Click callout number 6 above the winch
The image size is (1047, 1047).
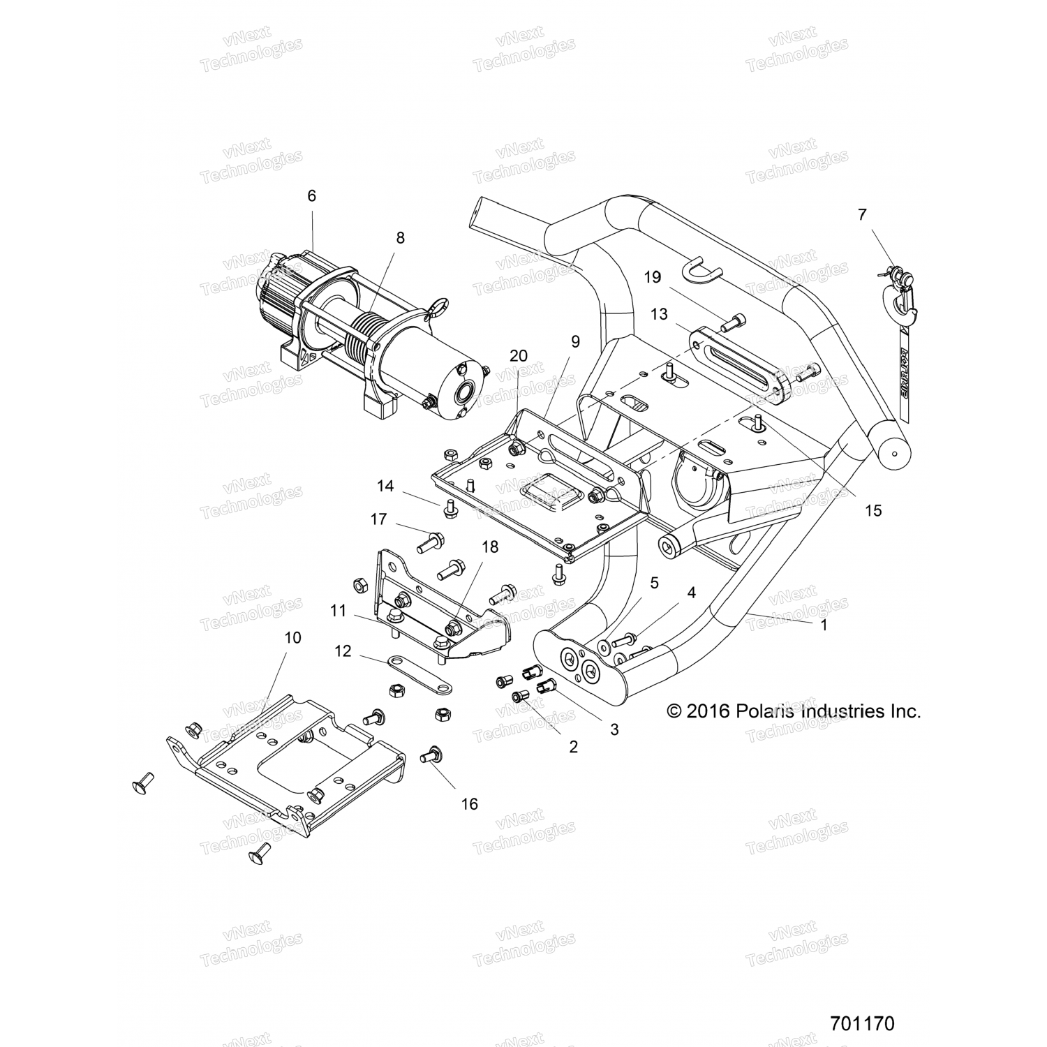(x=311, y=196)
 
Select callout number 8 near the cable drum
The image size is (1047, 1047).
(x=400, y=237)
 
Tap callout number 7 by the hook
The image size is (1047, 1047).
(x=862, y=215)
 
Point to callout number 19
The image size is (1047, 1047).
(x=652, y=277)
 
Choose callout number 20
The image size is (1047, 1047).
(x=518, y=355)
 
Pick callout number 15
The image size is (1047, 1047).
(x=873, y=510)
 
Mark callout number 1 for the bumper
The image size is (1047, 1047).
(x=824, y=625)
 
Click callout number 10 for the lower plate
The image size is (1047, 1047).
(x=293, y=637)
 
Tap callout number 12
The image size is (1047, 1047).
(x=343, y=651)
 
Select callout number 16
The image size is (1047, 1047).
(x=470, y=804)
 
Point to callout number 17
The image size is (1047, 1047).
(x=378, y=519)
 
